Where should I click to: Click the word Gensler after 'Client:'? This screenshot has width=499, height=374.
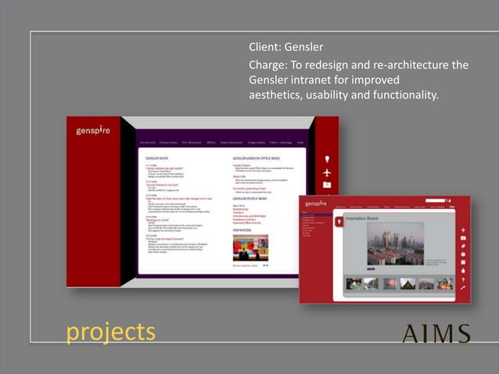coord(303,47)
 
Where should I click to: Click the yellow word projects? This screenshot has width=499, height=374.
coord(110,332)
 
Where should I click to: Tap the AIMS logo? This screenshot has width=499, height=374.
coord(436,333)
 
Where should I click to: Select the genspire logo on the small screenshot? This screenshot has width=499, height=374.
coord(315,204)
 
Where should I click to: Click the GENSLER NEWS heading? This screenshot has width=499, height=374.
coord(158,157)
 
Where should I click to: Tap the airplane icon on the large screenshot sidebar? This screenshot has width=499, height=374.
coord(327,171)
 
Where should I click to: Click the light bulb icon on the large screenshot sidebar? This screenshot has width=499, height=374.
coord(327,159)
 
